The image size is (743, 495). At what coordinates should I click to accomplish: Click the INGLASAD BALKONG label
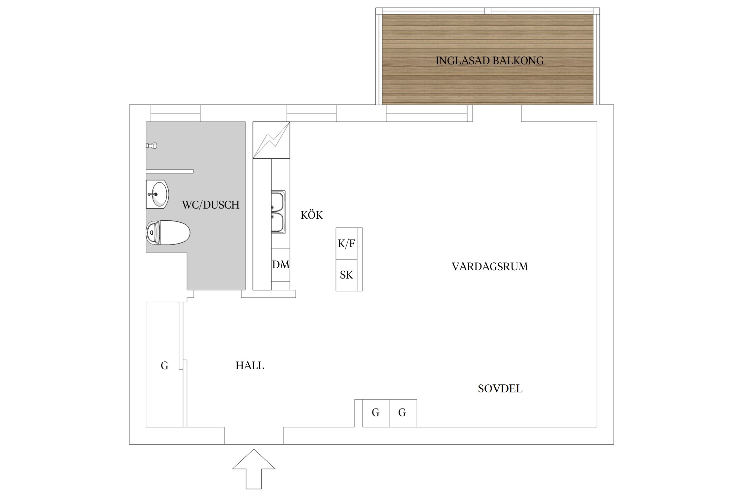pyautogui.click(x=489, y=61)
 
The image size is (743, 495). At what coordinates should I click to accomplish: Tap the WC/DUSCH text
pyautogui.click(x=211, y=205)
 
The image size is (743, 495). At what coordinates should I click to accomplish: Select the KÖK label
pyautogui.click(x=311, y=215)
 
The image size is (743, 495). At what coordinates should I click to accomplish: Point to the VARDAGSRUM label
pyautogui.click(x=490, y=267)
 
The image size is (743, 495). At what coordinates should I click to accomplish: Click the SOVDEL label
pyautogui.click(x=500, y=389)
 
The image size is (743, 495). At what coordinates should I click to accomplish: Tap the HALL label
pyautogui.click(x=250, y=366)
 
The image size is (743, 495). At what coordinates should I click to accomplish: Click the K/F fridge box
pyautogui.click(x=346, y=244)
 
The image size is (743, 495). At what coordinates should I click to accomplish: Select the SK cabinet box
pyautogui.click(x=346, y=275)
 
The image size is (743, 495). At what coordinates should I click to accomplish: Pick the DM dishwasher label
pyautogui.click(x=281, y=265)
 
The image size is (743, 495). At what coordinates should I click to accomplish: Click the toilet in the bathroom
pyautogui.click(x=168, y=233)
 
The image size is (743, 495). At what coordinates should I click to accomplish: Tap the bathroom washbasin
pyautogui.click(x=158, y=194)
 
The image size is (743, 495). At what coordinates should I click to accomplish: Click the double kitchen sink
pyautogui.click(x=278, y=212)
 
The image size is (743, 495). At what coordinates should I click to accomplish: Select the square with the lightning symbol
pyautogui.click(x=271, y=140)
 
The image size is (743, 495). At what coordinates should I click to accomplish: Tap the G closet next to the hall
pyautogui.click(x=164, y=365)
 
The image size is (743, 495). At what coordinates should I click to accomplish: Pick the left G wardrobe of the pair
pyautogui.click(x=376, y=413)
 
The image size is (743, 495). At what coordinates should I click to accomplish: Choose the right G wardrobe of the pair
pyautogui.click(x=403, y=413)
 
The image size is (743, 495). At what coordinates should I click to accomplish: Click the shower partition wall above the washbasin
pyautogui.click(x=170, y=171)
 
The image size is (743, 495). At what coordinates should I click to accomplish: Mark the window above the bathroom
pyautogui.click(x=175, y=113)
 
